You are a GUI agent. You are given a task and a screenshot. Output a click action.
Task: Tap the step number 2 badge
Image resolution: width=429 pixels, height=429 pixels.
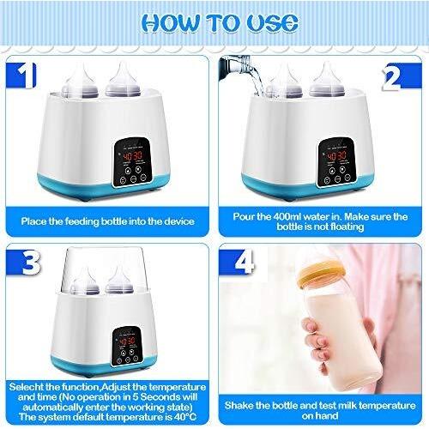point(402,76)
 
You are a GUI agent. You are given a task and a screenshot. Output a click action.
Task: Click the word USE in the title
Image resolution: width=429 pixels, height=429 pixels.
point(272,22)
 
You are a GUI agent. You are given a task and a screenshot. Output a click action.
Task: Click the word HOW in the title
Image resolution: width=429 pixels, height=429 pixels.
point(171,23)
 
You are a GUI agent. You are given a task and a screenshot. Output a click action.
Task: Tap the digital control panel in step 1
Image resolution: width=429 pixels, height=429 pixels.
point(132,162)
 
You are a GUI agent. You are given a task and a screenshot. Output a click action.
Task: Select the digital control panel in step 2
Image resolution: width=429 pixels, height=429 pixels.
point(336,162)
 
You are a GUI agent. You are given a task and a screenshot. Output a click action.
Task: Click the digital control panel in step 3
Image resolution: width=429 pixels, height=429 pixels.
point(127,347)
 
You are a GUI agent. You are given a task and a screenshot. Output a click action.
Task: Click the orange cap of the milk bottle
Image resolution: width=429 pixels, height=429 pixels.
point(323,274)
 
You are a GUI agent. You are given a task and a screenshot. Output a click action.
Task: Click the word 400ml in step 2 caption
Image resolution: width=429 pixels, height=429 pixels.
point(287,216)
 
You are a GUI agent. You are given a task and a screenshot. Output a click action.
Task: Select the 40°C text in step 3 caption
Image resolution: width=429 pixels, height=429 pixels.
point(185,417)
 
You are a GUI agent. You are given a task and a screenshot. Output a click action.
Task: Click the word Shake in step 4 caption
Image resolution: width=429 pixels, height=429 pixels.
point(238,406)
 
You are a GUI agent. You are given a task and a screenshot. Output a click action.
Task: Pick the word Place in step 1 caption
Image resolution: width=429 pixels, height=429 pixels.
point(33,221)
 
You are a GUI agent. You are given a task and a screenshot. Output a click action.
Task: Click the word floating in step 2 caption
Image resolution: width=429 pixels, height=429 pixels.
point(347,227)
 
